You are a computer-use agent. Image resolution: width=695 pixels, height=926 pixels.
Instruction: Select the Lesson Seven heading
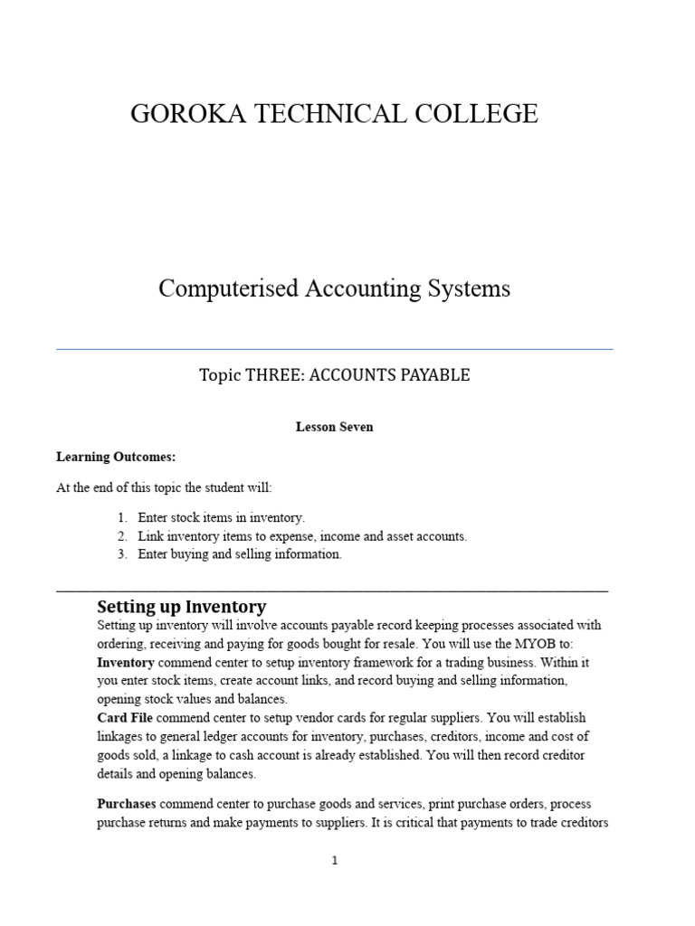334,427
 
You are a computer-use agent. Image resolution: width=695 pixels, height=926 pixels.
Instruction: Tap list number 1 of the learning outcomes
122,518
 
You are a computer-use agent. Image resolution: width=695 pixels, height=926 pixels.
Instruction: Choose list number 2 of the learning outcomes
122,536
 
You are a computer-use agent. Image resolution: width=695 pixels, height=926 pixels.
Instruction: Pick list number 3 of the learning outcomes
122,554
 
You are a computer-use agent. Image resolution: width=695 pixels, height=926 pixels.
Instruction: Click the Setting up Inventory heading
181,607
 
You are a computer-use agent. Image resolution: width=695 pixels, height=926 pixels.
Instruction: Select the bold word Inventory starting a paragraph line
125,662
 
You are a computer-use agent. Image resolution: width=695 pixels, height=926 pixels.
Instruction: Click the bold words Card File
124,718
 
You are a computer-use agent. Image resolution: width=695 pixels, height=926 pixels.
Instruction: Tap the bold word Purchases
127,804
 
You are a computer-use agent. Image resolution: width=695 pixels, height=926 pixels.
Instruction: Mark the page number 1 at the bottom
334,861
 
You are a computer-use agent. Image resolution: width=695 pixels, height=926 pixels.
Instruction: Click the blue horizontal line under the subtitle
334,348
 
